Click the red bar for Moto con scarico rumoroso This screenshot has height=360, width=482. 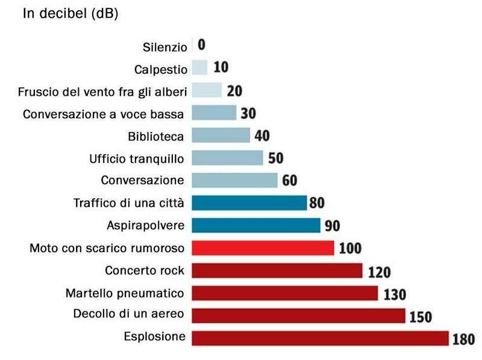pyautogui.click(x=263, y=248)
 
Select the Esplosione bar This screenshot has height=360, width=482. pyautogui.click(x=320, y=338)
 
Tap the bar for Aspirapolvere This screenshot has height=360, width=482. pyautogui.click(x=256, y=226)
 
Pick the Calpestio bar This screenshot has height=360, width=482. pyautogui.click(x=199, y=68)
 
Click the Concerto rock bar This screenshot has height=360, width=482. pyautogui.click(x=277, y=271)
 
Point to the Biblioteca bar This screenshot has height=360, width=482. pyautogui.click(x=221, y=135)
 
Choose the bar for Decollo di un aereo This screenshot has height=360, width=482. pyautogui.click(x=298, y=315)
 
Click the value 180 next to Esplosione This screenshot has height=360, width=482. pyautogui.click(x=463, y=339)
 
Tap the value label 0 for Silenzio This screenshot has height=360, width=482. pyautogui.click(x=201, y=44)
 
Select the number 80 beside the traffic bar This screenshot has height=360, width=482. pyautogui.click(x=317, y=203)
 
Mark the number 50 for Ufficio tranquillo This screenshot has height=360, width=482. pyautogui.click(x=275, y=158)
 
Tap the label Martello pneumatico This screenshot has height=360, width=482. pyautogui.click(x=125, y=294)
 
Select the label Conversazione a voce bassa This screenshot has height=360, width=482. pyautogui.click(x=103, y=113)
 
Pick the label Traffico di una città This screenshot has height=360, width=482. pyautogui.click(x=128, y=203)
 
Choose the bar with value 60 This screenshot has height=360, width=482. pyautogui.click(x=234, y=180)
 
